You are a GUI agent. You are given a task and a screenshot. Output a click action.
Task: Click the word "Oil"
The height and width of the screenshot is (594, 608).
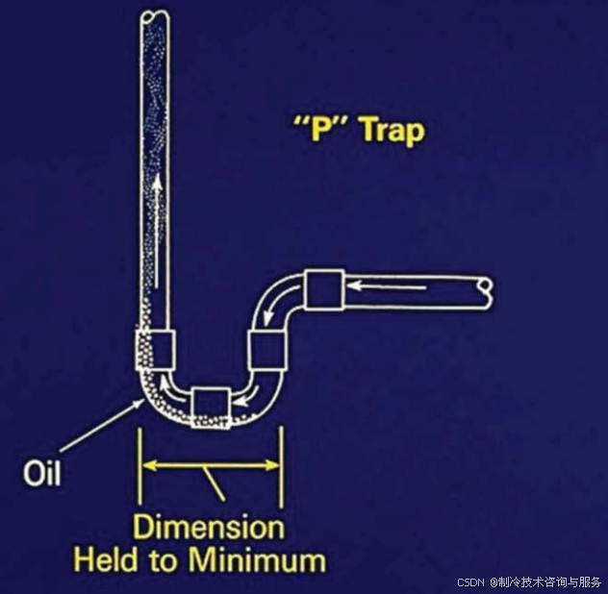(x=41, y=473)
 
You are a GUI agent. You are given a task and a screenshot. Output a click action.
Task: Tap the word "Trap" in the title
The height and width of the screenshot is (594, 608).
(x=392, y=130)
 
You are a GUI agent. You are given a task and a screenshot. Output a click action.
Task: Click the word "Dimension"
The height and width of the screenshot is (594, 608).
(x=209, y=527)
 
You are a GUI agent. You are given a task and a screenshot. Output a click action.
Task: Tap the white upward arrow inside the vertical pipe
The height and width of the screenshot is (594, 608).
(x=154, y=221)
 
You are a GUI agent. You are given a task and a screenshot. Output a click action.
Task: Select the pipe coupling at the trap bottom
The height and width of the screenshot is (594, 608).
(x=210, y=404)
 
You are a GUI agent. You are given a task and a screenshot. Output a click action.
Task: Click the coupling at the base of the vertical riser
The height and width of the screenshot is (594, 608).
(x=154, y=348)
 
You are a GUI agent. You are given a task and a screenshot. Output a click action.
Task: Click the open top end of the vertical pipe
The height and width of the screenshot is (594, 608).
(x=154, y=16)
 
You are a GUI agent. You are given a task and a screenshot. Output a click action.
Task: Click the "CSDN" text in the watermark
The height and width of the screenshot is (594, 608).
(x=469, y=582)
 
